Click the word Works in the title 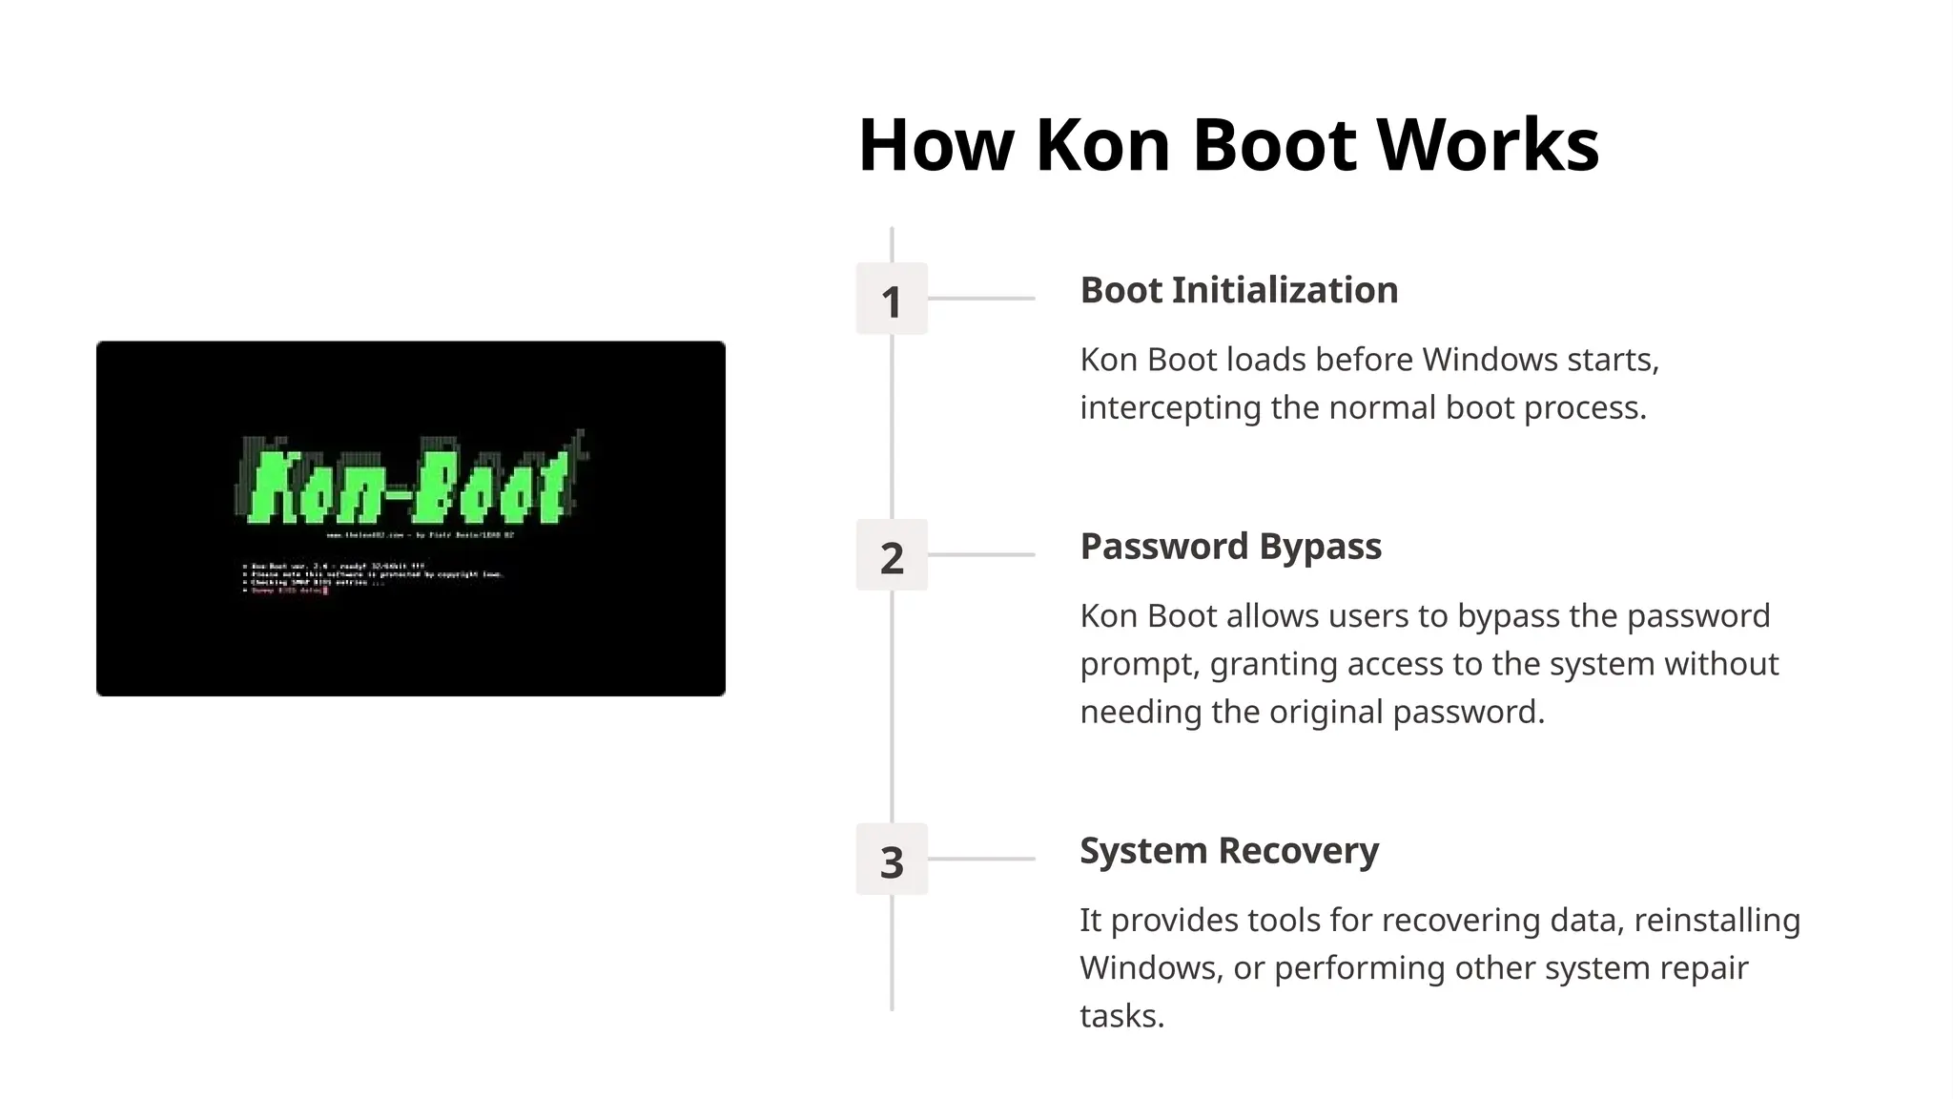pyautogui.click(x=1488, y=145)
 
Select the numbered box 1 pyautogui.click(x=892, y=300)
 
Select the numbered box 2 pyautogui.click(x=892, y=556)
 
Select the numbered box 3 pyautogui.click(x=892, y=860)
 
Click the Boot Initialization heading pyautogui.click(x=1239, y=290)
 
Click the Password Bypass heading pyautogui.click(x=1230, y=547)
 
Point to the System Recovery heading pyautogui.click(x=1228, y=850)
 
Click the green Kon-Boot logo pyautogui.click(x=410, y=485)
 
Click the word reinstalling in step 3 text pyautogui.click(x=1717, y=921)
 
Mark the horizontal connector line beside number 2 pyautogui.click(x=982, y=554)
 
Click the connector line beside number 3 pyautogui.click(x=982, y=859)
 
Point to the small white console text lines pyautogui.click(x=372, y=578)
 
